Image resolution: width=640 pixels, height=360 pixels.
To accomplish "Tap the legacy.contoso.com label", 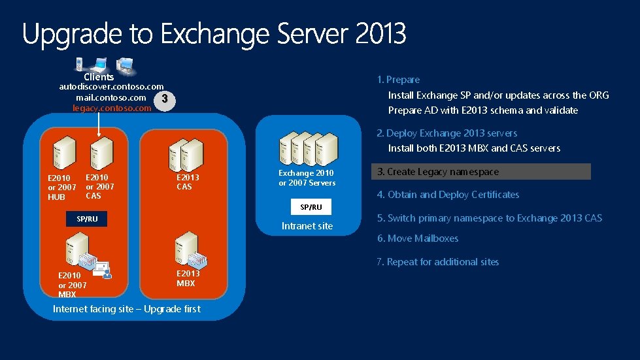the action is pos(112,108).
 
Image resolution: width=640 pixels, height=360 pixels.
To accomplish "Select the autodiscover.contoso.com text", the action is pos(112,86).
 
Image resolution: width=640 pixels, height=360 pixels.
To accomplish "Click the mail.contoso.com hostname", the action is pos(110,97).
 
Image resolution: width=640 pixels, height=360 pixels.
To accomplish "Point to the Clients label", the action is pos(99,76).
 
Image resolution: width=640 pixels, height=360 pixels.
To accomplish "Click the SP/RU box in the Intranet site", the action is pos(311,207).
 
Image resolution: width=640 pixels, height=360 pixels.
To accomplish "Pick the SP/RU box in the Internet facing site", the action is pos(87,219).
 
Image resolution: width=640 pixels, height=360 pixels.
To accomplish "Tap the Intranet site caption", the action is pos(307,226).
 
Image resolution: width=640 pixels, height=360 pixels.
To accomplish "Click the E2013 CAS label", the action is pos(188,182).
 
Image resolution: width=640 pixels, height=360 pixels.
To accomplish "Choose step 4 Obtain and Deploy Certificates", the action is pos(448,195).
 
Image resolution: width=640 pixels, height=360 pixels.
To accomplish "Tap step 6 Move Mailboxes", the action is pos(418,238).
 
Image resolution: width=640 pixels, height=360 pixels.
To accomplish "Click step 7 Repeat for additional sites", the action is pos(438,262).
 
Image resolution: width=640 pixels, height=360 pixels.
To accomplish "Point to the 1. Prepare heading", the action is pos(399,80).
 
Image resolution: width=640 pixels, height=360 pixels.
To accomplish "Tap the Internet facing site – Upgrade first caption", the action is pos(127,309).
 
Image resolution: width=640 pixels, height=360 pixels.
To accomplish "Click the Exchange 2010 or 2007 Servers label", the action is pos(307,178).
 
